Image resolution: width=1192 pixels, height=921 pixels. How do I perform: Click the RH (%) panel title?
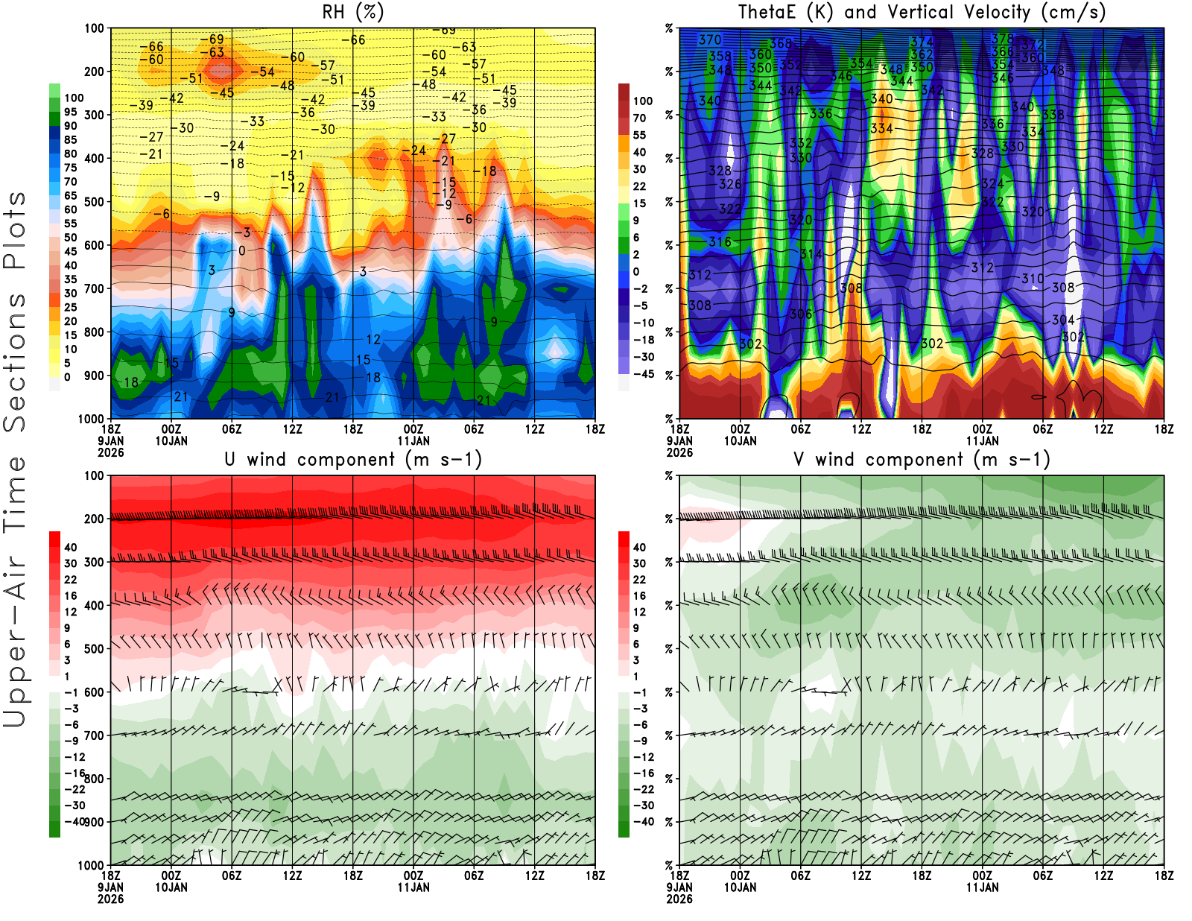(x=352, y=12)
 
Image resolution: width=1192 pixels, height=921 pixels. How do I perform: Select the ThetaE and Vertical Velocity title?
(x=922, y=12)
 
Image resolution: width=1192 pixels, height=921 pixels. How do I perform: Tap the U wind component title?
(x=353, y=459)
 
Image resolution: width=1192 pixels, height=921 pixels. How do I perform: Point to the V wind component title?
(x=922, y=459)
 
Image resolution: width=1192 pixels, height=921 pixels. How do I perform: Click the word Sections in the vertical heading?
(x=15, y=361)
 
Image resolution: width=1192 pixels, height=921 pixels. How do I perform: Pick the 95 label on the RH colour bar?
(x=70, y=112)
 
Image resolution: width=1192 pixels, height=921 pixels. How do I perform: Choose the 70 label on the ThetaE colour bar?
(x=639, y=118)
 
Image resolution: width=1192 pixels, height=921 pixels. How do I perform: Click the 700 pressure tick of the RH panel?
(x=95, y=288)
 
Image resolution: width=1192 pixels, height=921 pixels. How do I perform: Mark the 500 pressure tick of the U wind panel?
(x=95, y=648)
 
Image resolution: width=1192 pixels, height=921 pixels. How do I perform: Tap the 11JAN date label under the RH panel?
(x=413, y=440)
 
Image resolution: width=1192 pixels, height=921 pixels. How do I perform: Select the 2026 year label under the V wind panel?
(x=679, y=899)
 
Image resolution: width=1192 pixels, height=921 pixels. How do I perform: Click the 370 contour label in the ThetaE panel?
(x=709, y=40)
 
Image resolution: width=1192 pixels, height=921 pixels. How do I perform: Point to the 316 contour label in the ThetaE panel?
(x=720, y=241)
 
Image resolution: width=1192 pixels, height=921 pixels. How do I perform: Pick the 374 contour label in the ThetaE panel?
(x=922, y=42)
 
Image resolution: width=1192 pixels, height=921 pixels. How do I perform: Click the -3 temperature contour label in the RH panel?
(x=245, y=232)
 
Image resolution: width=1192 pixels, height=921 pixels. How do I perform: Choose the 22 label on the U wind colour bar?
(x=70, y=580)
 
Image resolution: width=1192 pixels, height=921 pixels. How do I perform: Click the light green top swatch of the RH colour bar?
(x=54, y=90)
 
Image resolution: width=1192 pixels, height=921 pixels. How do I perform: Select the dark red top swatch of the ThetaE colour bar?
(x=624, y=93)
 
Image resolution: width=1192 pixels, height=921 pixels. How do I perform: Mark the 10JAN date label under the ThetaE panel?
(x=740, y=440)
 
